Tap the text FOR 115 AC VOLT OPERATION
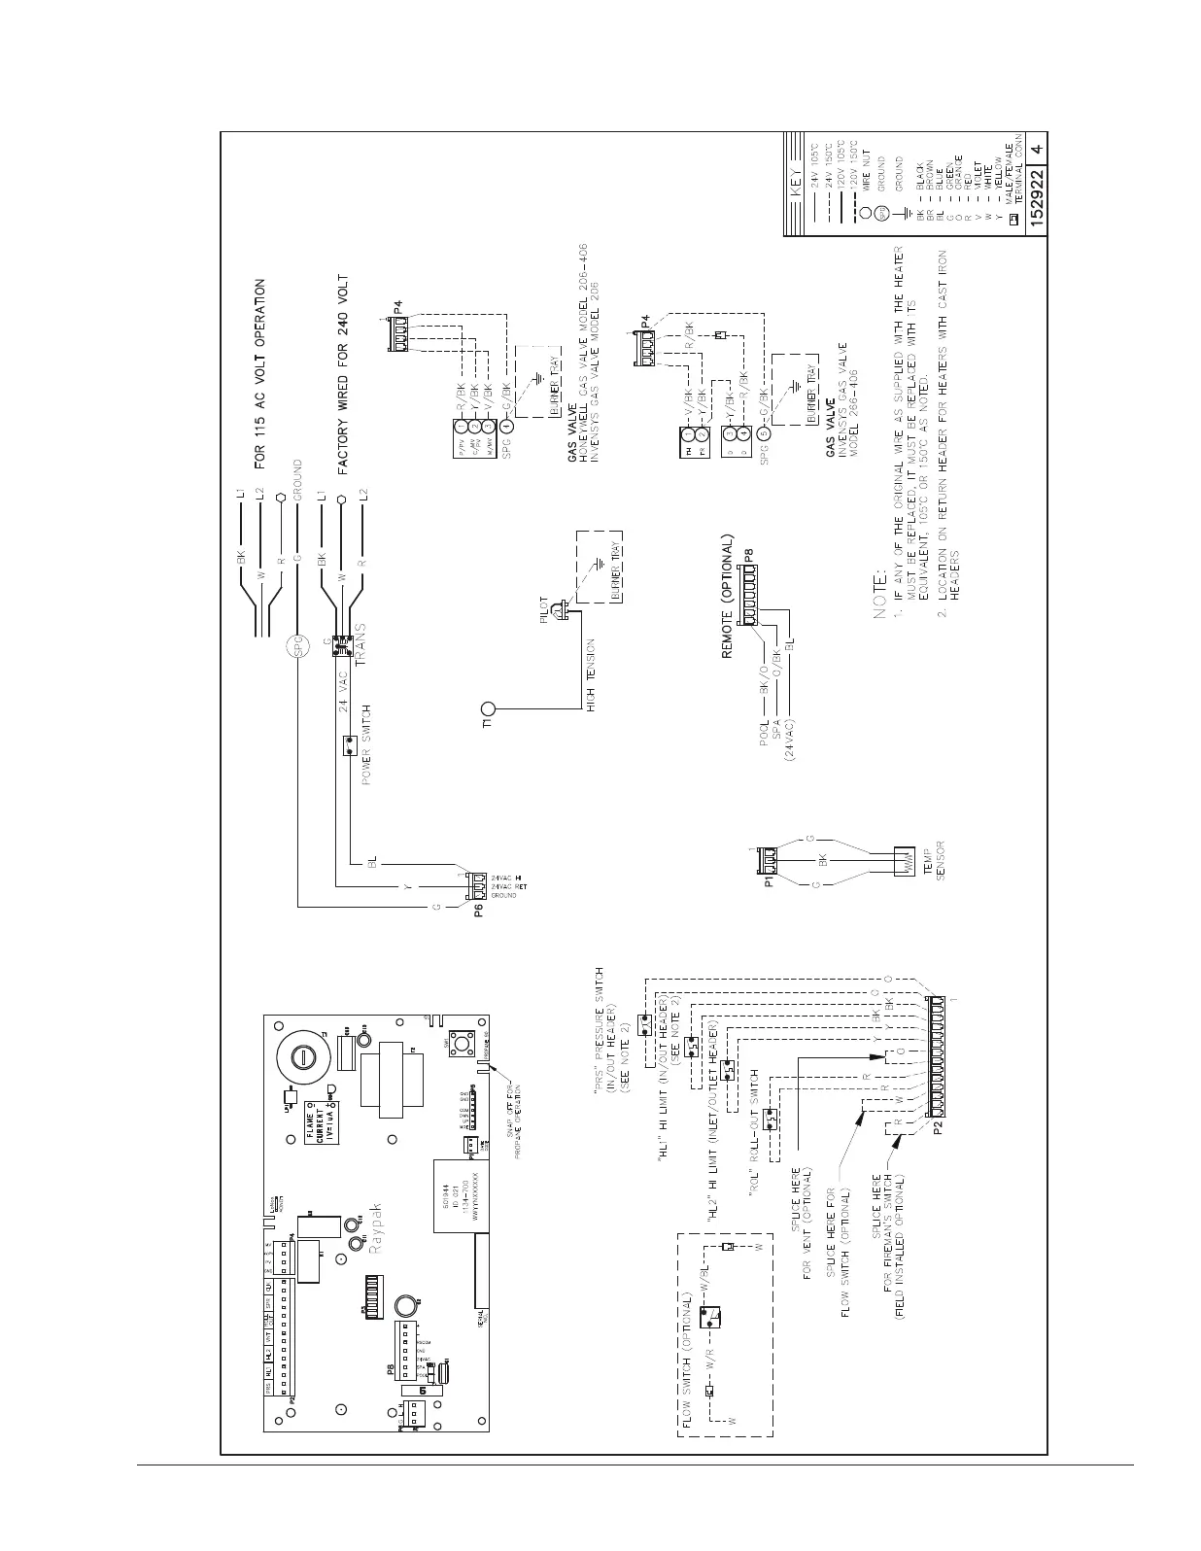coord(259,374)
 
